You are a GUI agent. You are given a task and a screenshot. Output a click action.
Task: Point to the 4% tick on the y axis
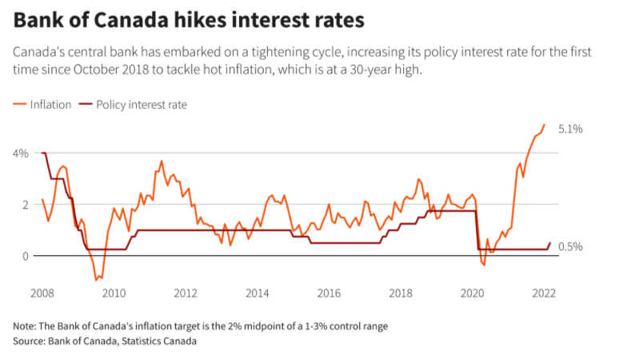click(x=21, y=153)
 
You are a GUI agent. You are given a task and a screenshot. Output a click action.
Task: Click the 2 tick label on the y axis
click(x=25, y=204)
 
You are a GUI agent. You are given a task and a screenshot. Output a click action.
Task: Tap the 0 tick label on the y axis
click(x=25, y=256)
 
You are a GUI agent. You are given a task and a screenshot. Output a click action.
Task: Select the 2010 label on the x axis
click(x=114, y=293)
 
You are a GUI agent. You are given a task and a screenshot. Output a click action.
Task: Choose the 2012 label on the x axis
click(x=186, y=293)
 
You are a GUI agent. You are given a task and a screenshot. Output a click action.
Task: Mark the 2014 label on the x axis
click(x=258, y=293)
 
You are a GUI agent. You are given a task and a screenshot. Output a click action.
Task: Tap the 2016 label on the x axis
click(x=329, y=293)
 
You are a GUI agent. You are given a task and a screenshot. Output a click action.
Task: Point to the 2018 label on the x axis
click(x=401, y=293)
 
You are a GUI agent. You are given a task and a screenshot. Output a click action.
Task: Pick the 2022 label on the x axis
click(x=544, y=293)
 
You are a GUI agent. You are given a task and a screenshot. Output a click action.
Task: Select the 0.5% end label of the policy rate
click(x=570, y=246)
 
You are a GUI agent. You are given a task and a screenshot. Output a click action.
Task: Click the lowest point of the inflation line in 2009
click(x=97, y=279)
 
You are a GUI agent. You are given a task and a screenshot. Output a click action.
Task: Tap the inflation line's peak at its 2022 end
click(x=545, y=125)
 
